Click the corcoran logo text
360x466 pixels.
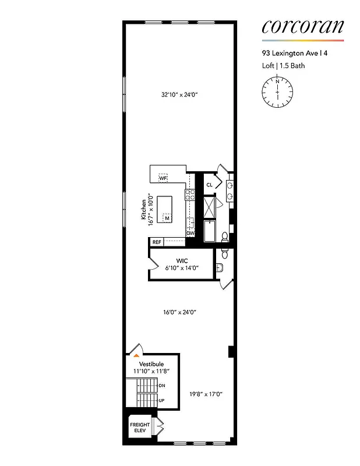[302, 27]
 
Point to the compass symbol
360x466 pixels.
[277, 92]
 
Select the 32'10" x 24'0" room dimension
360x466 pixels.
[179, 94]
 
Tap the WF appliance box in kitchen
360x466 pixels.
[163, 177]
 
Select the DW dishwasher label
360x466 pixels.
[190, 233]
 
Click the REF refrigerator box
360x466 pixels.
[156, 242]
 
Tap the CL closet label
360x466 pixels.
[209, 185]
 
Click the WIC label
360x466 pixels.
[181, 261]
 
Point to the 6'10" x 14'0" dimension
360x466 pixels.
[181, 269]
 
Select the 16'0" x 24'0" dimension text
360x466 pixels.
[179, 312]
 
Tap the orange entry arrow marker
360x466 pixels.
[136, 354]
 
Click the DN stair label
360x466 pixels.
[161, 385]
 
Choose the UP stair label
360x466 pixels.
[161, 400]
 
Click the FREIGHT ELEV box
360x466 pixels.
[140, 428]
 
